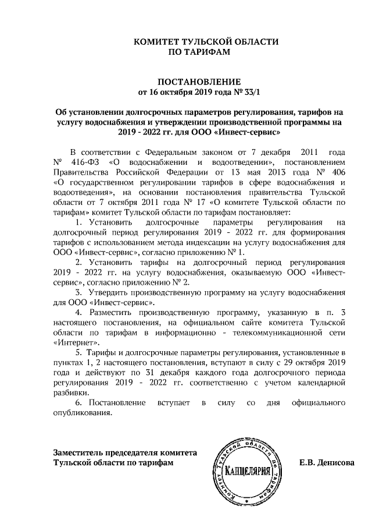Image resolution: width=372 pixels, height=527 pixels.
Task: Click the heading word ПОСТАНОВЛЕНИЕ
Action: (191, 81)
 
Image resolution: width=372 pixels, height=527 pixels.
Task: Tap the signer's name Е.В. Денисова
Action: (326, 463)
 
